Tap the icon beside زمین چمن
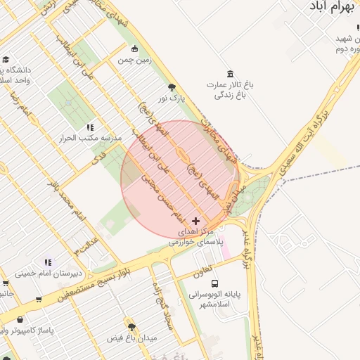(x=135, y=49)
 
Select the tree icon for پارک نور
(x=172, y=87)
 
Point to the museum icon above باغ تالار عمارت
(x=230, y=74)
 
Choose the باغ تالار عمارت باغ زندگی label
(x=229, y=89)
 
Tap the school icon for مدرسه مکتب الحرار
(x=89, y=127)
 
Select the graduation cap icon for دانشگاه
(x=6, y=60)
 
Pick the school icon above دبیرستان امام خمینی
(x=48, y=262)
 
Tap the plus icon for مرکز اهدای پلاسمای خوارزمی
(x=195, y=221)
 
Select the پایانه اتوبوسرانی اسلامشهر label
(x=213, y=300)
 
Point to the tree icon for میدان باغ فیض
(x=131, y=326)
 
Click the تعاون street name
(x=202, y=270)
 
